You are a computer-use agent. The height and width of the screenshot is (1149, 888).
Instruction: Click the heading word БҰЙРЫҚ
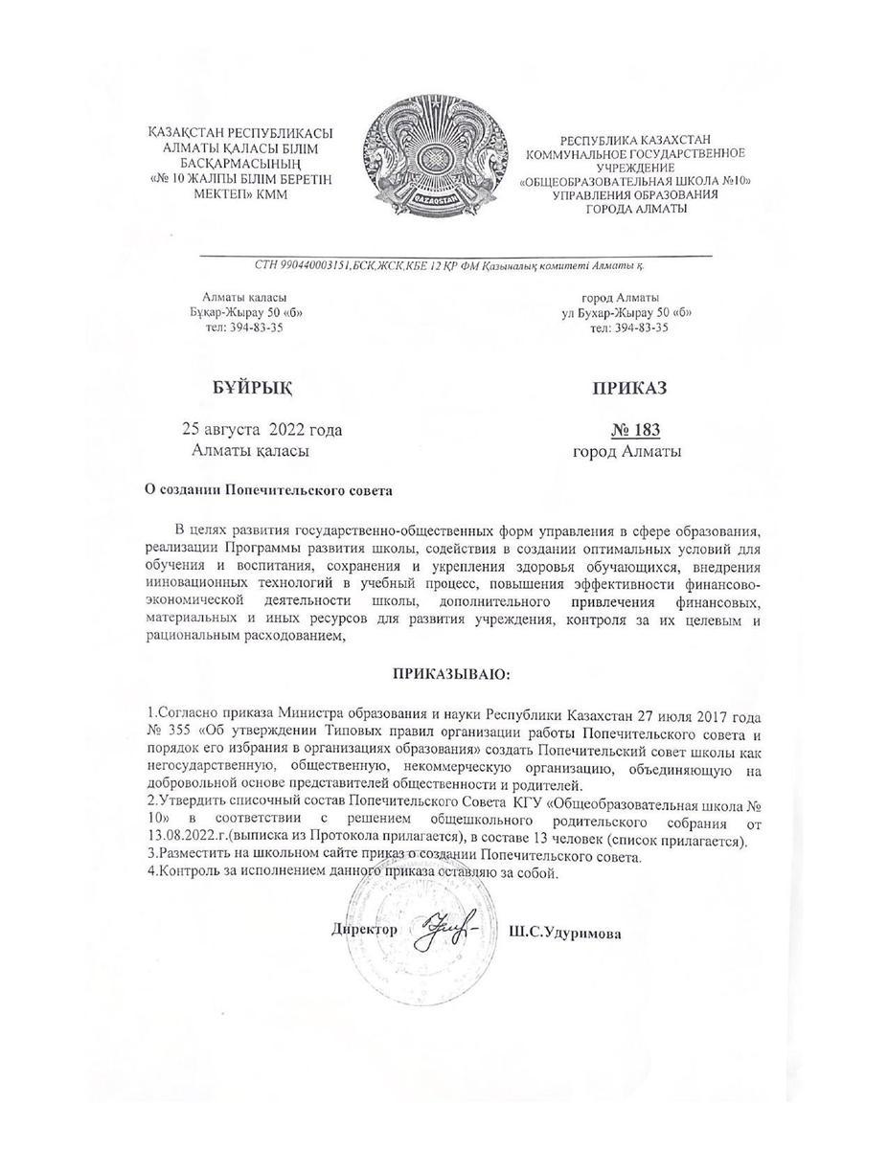tap(252, 387)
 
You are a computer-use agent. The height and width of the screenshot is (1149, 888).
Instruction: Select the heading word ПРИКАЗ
tap(628, 387)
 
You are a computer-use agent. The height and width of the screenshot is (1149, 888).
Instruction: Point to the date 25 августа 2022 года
tap(262, 429)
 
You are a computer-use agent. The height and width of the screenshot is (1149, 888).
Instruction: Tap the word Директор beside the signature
tap(364, 930)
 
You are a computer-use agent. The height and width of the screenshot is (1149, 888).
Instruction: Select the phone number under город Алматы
tap(628, 327)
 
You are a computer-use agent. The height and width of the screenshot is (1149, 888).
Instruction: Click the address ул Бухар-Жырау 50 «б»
tap(627, 312)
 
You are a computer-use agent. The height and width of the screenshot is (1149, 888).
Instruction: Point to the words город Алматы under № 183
tap(627, 451)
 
